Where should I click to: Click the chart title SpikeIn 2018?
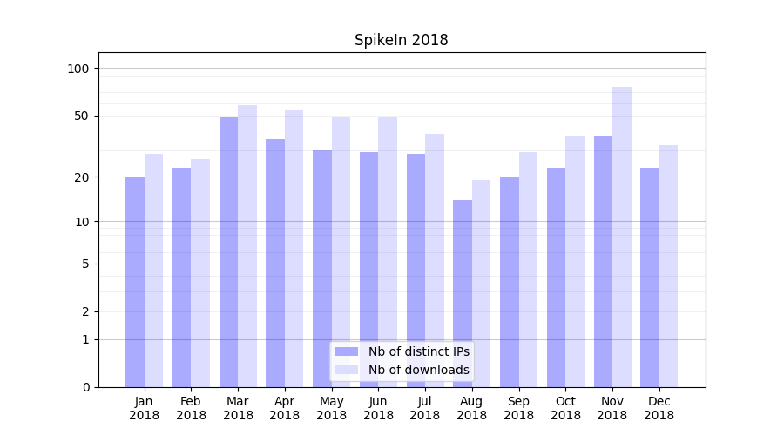click(x=401, y=40)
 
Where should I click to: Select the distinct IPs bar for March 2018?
click(x=228, y=251)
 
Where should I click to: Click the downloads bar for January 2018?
click(x=154, y=270)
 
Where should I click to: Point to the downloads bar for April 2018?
click(x=294, y=248)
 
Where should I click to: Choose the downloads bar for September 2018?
click(x=528, y=269)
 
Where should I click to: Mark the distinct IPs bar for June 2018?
click(x=369, y=269)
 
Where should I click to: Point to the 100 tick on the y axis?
click(x=78, y=69)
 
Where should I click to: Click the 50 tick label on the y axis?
click(x=82, y=116)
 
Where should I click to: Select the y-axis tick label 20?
click(x=82, y=177)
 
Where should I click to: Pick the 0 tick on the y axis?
click(x=85, y=387)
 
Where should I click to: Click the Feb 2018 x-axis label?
click(x=191, y=408)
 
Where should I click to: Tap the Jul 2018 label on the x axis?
click(x=425, y=408)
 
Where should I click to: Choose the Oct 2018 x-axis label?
click(x=565, y=408)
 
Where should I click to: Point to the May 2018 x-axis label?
click(x=331, y=408)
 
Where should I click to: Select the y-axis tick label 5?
click(x=85, y=264)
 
